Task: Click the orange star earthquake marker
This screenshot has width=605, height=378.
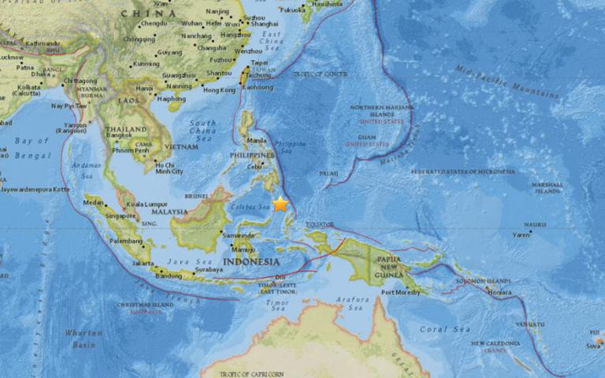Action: coord(280,204)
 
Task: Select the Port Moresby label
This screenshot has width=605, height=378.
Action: coord(399,293)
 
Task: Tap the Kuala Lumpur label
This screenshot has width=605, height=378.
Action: coord(150,205)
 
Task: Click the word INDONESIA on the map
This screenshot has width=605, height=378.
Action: coord(252,261)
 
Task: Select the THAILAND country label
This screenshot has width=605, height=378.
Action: coord(127,129)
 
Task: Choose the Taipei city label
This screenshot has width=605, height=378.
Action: coord(258,62)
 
